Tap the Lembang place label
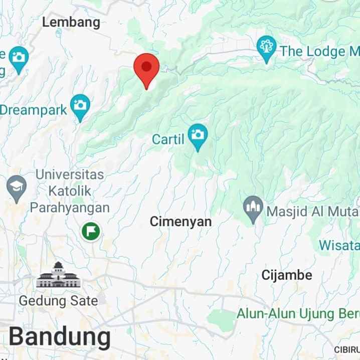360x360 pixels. [71, 22]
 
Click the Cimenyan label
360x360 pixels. [181, 221]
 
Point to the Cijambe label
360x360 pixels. [287, 275]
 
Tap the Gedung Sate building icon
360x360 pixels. [58, 275]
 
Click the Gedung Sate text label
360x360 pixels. [58, 301]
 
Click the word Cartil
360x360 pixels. [168, 139]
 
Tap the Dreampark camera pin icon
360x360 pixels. [80, 106]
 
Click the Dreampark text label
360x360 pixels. [33, 110]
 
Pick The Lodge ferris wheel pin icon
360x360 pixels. [266, 49]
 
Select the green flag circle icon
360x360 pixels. [91, 231]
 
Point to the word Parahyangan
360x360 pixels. [70, 207]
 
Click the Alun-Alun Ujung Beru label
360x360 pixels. [298, 314]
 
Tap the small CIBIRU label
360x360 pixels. [347, 349]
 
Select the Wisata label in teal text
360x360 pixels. [339, 246]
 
